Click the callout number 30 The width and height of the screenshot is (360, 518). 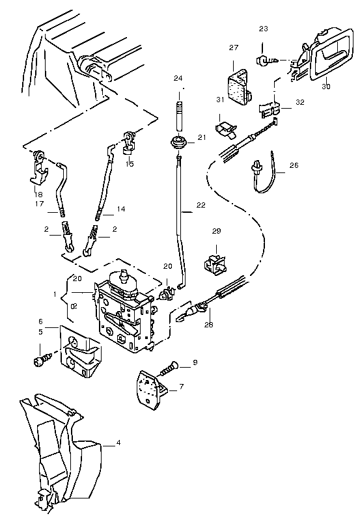coord(326,87)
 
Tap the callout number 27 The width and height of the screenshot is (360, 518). coord(234,48)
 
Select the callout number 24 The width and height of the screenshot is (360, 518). coord(178,78)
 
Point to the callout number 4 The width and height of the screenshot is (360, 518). coord(118,443)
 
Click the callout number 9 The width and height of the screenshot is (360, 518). coord(195,362)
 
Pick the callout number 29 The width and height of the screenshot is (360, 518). coord(217,231)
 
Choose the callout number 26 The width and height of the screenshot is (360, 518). coord(294,165)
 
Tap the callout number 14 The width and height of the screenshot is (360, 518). coord(121,209)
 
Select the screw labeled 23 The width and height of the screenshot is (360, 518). coord(267,60)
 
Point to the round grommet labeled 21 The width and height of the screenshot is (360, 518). coord(179,143)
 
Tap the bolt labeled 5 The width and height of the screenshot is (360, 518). coord(42,359)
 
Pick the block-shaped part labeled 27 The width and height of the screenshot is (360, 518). coord(239,87)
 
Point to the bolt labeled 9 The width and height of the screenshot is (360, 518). coord(169,369)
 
